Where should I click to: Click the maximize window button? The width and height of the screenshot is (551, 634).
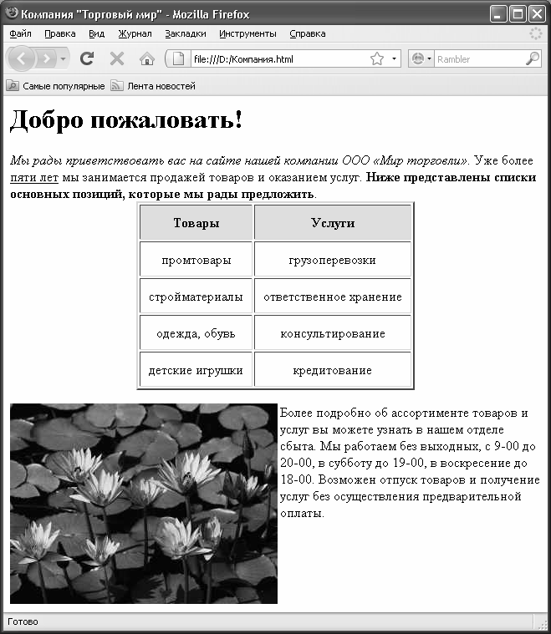coord(518,14)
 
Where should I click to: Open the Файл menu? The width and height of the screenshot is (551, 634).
coord(20,34)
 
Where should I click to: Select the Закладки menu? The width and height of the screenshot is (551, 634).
coord(186,34)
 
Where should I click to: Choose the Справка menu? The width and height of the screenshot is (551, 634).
coord(308,34)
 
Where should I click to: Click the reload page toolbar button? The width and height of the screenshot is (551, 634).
coord(86,58)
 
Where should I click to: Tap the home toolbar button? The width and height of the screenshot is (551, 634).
coord(146,58)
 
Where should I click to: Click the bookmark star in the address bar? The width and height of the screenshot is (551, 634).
coord(377,58)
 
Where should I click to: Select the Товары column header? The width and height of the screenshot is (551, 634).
coord(196,223)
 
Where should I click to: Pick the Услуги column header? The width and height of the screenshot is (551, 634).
coord(333,223)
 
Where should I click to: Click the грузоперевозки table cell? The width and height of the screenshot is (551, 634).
coord(333,261)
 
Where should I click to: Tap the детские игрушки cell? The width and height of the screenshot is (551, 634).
coord(196,370)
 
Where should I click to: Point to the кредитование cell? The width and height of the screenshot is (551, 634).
coord(333,370)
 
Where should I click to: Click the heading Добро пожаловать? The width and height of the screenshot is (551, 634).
coord(126,120)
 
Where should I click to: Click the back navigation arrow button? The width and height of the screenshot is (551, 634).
coord(21,58)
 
